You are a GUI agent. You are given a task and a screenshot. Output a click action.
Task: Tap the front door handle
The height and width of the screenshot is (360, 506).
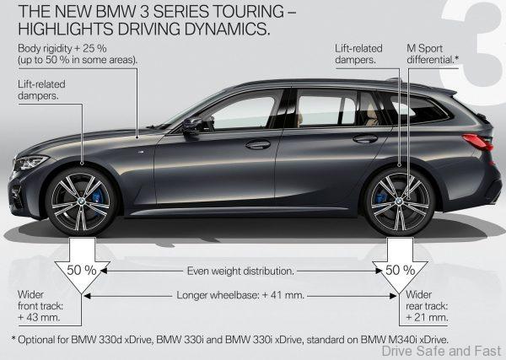(258, 144)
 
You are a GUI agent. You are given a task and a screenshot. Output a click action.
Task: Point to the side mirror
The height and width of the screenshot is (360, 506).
(192, 125)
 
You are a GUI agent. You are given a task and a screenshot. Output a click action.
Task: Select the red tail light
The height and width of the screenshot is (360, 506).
(478, 141)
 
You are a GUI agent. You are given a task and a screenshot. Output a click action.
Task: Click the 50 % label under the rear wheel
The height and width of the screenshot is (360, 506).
(397, 271)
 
